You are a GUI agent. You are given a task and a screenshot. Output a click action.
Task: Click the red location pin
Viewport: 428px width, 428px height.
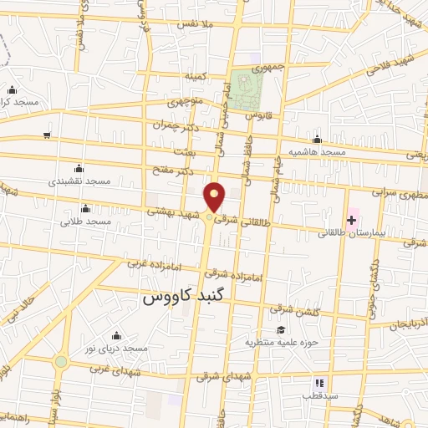click(216, 196)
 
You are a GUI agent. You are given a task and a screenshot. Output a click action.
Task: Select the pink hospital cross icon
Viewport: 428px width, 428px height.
click(352, 220)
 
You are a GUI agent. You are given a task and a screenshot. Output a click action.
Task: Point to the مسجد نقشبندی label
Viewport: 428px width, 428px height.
click(77, 181)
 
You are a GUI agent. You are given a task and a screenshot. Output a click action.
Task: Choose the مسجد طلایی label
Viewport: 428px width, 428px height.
click(86, 222)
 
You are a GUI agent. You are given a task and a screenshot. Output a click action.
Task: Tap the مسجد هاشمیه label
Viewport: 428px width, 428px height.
click(317, 152)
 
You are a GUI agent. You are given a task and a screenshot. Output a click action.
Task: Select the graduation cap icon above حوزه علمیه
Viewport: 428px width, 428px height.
click(281, 329)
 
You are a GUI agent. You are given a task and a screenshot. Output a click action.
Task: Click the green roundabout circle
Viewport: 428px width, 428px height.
click(60, 362)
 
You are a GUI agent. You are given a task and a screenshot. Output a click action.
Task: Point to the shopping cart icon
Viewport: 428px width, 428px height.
click(48, 135)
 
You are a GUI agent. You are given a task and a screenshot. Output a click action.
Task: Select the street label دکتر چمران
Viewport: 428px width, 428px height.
click(178, 124)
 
